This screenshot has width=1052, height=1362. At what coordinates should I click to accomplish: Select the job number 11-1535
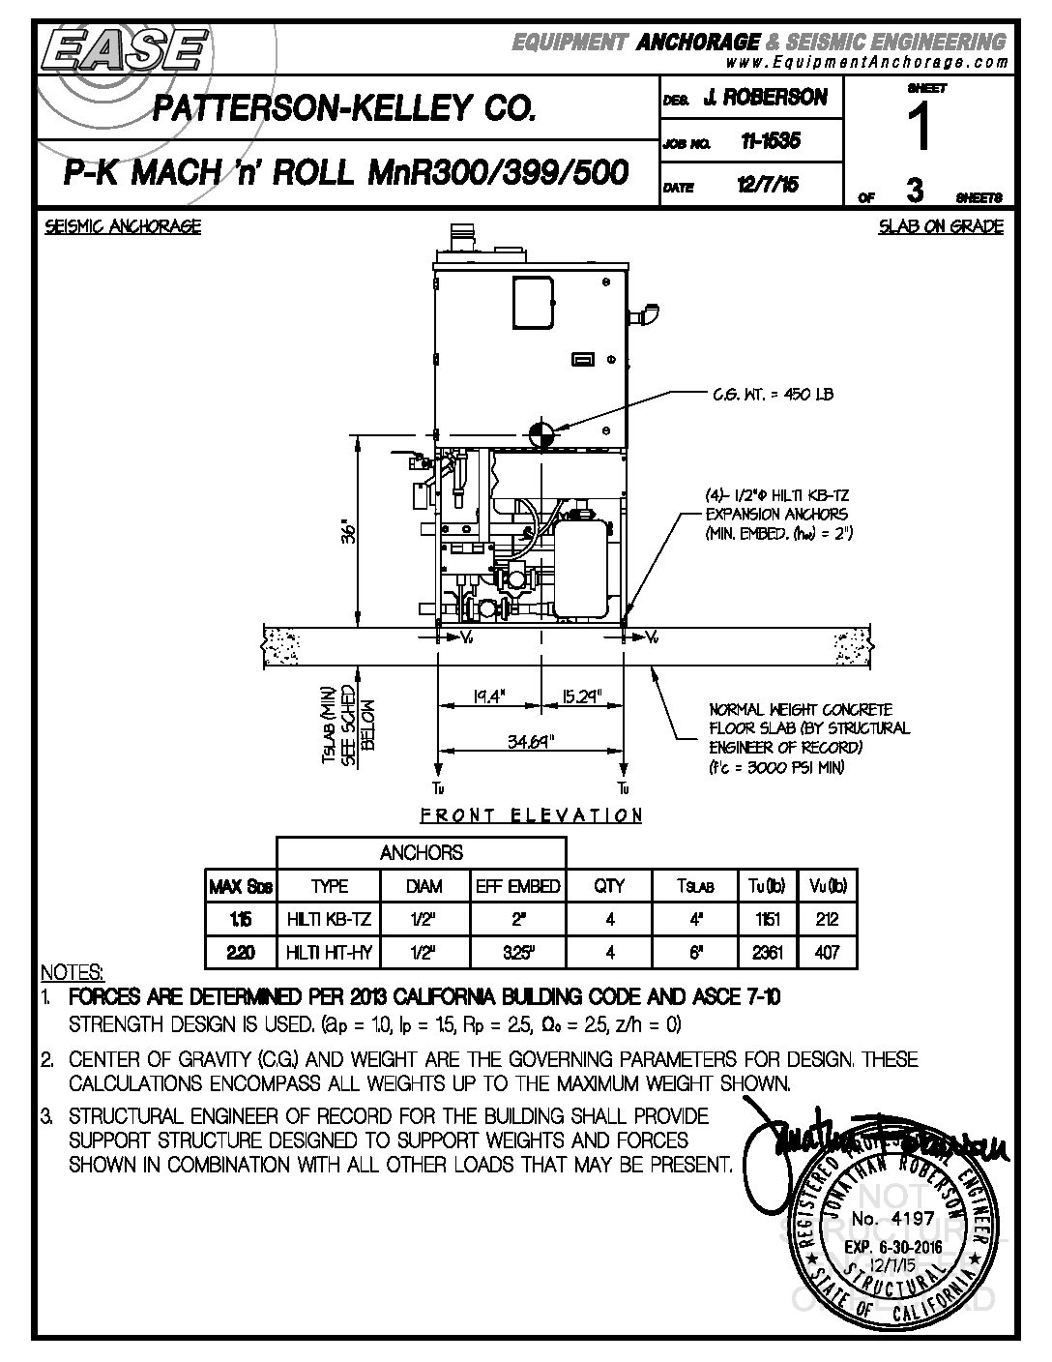pos(770,141)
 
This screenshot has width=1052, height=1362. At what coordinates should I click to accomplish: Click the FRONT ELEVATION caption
pos(531,815)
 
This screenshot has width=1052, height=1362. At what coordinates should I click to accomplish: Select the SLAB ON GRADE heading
pos(940,227)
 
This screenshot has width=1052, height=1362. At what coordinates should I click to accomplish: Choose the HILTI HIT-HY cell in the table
pos(329,953)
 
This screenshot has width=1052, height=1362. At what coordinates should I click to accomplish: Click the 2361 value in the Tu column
pos(767,953)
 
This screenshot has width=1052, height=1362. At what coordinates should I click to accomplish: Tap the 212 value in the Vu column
pos(827,919)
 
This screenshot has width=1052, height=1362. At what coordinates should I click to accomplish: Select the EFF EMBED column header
pos(517,886)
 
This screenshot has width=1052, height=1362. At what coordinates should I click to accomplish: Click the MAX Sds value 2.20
pos(241,953)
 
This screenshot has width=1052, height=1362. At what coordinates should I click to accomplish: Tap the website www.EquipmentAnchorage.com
pos(865,61)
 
